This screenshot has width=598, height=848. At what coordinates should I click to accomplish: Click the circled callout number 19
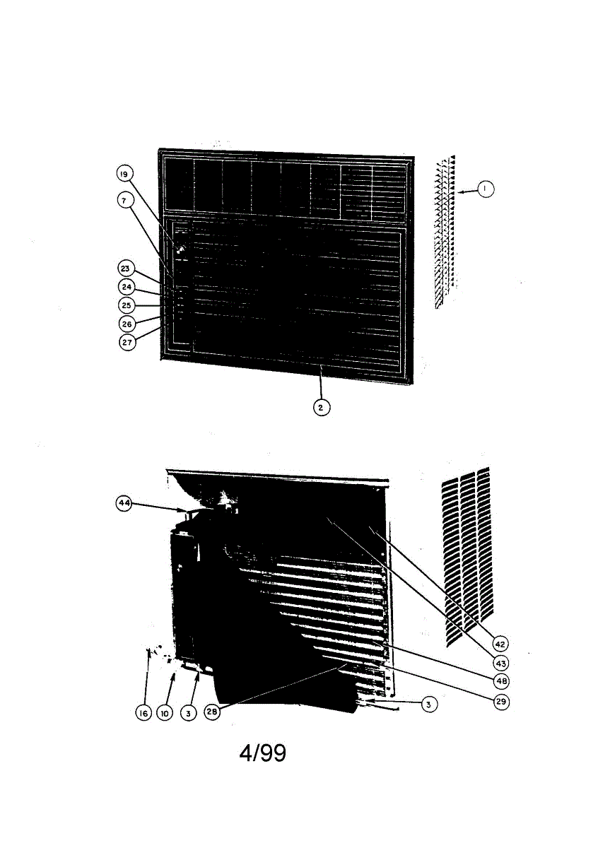pos(124,174)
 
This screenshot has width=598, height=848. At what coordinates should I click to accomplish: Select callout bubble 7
pos(124,201)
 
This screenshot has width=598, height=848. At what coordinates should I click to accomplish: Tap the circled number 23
pos(125,269)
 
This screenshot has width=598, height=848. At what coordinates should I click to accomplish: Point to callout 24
pos(127,287)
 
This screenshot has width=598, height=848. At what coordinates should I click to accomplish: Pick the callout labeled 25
pos(127,305)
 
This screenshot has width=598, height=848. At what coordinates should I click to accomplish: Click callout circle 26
pos(127,324)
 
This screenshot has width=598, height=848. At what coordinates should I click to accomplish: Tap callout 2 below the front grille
pos(322,407)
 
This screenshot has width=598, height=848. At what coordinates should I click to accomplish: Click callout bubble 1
pos(485,189)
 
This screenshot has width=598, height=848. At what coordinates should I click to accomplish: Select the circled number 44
pos(125,502)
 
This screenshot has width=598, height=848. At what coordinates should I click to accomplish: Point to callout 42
pos(500,644)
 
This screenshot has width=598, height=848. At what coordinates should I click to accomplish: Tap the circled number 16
pos(143,713)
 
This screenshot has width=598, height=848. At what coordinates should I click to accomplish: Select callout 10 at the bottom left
pos(165,713)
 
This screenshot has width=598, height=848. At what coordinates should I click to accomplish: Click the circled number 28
pos(212,713)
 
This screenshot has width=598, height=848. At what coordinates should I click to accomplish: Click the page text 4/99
pos(263,753)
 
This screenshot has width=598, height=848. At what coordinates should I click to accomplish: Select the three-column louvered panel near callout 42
pos(466,555)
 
